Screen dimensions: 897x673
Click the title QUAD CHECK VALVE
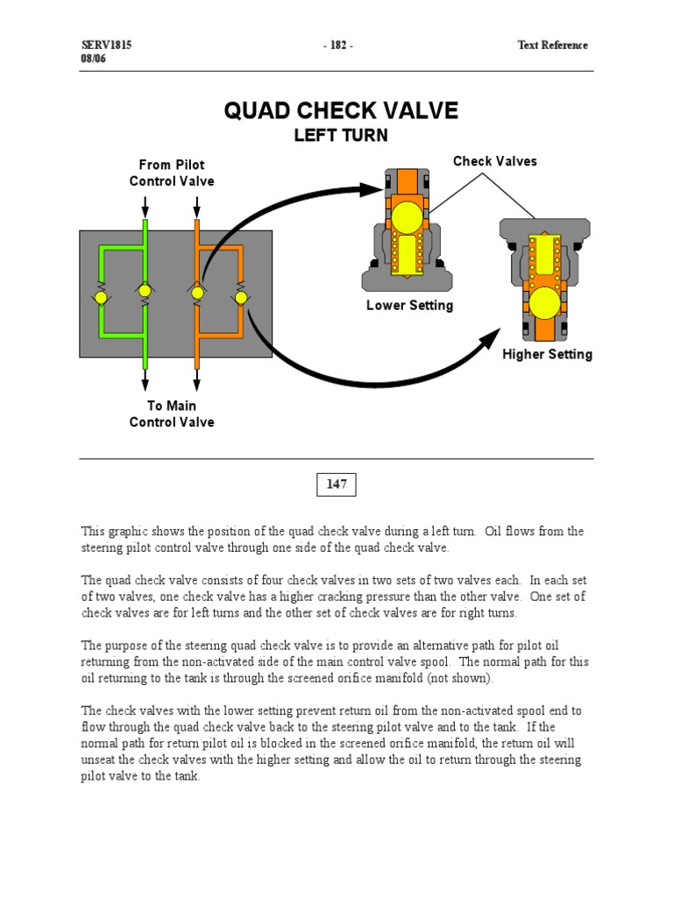[x=341, y=110]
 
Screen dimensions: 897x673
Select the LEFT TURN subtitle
[x=341, y=136]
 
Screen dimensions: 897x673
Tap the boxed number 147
[x=336, y=484]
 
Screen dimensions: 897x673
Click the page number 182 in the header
[x=336, y=46]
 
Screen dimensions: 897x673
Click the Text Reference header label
[x=552, y=46]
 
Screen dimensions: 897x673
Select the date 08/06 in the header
[x=94, y=60]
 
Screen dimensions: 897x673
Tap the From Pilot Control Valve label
[x=172, y=173]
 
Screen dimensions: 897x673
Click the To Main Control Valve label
[x=172, y=413]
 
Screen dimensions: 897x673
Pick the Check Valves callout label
[x=495, y=161]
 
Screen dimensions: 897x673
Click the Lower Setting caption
[x=410, y=306]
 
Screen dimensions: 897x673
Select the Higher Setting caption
[x=547, y=355]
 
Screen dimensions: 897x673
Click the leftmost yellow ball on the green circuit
[x=102, y=298]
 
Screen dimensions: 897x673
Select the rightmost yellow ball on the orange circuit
[x=241, y=298]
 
